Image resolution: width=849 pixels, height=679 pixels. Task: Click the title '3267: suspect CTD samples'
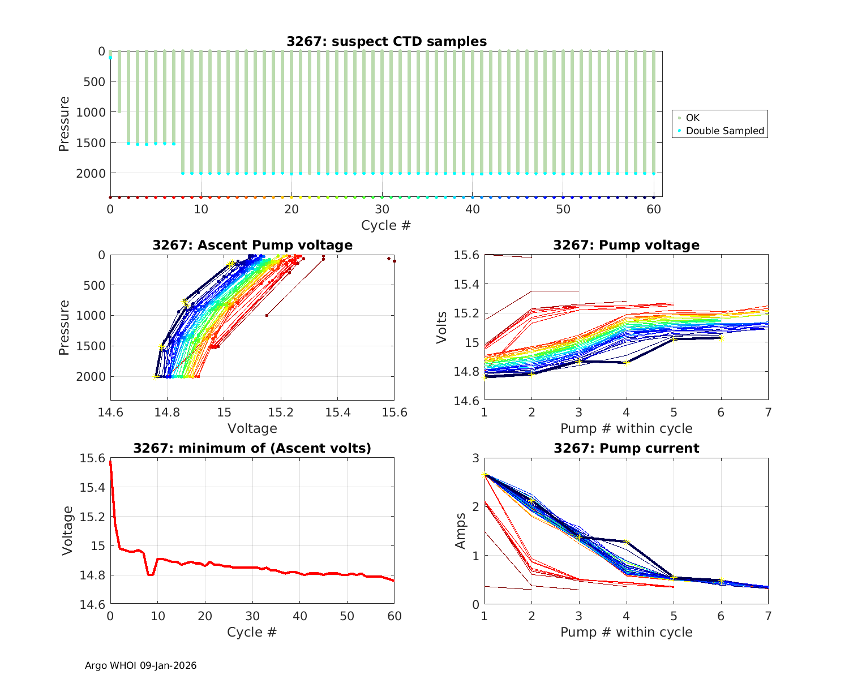tap(386, 41)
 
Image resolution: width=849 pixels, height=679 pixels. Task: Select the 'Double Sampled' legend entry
tap(724, 131)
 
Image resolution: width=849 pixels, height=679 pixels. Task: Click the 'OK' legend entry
tap(692, 118)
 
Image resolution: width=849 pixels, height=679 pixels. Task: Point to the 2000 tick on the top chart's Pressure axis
tap(91, 173)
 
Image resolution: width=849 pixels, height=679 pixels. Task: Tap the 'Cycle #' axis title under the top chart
tap(386, 225)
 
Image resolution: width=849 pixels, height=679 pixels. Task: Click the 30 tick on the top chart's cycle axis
tap(382, 209)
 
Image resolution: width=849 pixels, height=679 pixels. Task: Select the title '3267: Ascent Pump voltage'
tap(252, 245)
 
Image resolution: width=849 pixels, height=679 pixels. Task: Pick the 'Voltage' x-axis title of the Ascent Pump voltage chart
tap(252, 428)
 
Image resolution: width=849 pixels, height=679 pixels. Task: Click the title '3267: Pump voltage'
tap(626, 245)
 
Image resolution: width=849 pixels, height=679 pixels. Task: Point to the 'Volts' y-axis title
tap(442, 328)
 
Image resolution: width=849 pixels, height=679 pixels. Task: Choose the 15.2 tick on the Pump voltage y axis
tap(468, 313)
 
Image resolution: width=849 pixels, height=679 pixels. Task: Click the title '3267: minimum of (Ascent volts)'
tap(252, 448)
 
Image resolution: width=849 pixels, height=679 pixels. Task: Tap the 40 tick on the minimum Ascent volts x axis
tap(300, 616)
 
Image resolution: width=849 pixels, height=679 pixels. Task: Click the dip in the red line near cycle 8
tap(150, 574)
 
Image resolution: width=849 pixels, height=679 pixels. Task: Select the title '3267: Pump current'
tap(626, 448)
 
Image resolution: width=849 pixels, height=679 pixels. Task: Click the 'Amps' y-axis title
tap(461, 531)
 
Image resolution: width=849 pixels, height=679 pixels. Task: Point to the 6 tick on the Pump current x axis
tap(721, 616)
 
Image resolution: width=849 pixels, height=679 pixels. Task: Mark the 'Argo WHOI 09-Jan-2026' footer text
tap(140, 665)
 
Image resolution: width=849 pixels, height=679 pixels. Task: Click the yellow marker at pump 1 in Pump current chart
tap(484, 474)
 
